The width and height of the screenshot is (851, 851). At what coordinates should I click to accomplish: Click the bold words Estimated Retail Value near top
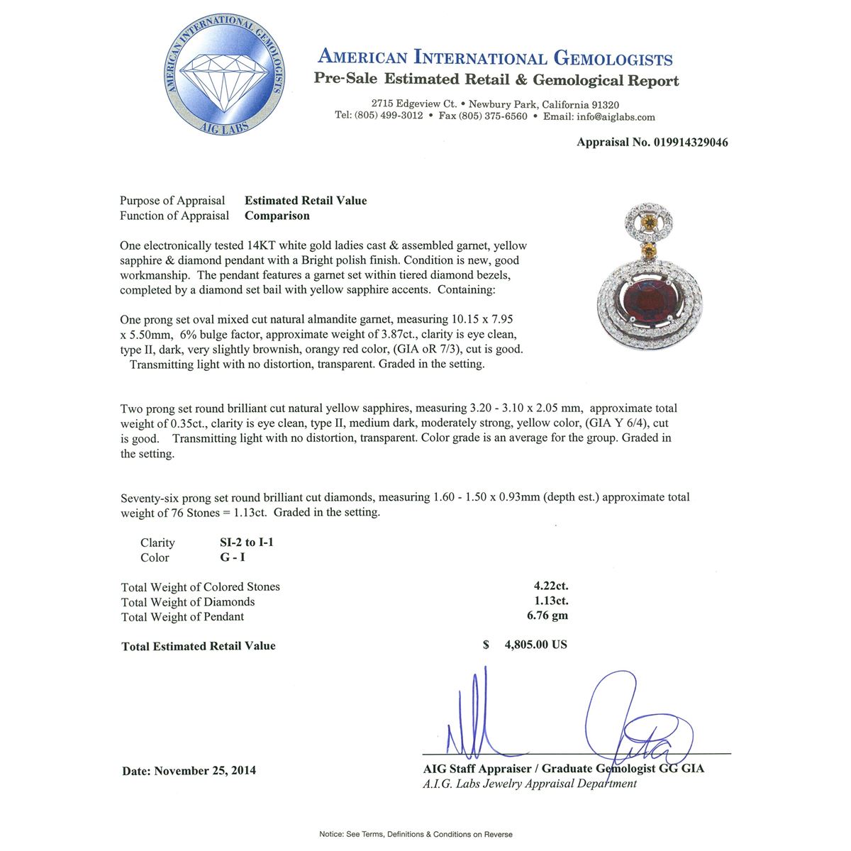306,201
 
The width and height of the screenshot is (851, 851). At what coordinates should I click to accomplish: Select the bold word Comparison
277,216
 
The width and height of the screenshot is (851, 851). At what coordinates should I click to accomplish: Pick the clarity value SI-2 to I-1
246,543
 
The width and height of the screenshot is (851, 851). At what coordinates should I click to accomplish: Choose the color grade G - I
233,557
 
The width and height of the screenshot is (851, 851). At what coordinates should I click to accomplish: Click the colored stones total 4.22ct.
551,586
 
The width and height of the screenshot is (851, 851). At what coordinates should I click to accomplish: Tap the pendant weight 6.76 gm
547,616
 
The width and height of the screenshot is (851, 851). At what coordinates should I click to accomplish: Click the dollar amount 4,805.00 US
535,645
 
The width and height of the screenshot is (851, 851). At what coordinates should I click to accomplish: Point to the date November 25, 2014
205,770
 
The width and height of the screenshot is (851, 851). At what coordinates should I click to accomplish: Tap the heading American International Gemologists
495,58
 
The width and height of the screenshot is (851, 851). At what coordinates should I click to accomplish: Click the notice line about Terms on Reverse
416,834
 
